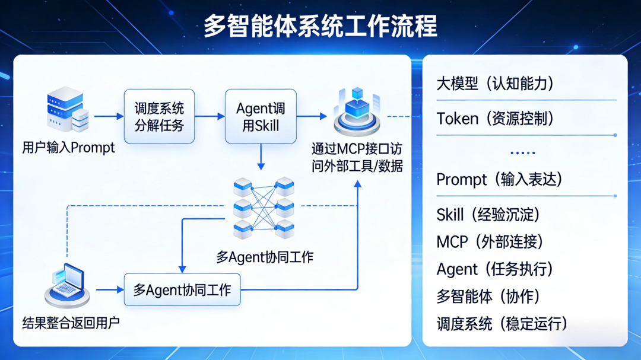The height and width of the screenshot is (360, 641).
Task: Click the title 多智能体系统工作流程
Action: click(320, 27)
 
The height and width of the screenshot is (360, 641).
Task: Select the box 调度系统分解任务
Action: click(159, 116)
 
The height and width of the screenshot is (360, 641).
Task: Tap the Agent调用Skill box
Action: click(261, 116)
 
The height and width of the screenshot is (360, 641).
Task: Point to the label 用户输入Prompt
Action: click(68, 148)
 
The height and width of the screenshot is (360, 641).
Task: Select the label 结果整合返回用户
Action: click(71, 323)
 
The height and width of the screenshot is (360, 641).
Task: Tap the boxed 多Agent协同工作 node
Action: click(182, 290)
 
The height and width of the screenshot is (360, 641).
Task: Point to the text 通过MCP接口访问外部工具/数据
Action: click(357, 157)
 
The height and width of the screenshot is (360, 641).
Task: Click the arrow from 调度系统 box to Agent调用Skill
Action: click(209, 116)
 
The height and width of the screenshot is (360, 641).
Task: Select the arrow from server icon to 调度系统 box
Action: click(107, 116)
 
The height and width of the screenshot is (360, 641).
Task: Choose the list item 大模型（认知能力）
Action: click(495, 84)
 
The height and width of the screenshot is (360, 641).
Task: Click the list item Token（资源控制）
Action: click(495, 119)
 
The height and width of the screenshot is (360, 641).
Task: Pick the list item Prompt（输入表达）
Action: click(499, 179)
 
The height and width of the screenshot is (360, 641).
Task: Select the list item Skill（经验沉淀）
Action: click(488, 214)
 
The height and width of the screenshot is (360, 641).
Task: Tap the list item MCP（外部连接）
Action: click(490, 241)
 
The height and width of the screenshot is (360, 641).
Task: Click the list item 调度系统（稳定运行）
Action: click(502, 324)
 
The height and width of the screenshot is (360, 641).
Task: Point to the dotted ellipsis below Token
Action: click(522, 152)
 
